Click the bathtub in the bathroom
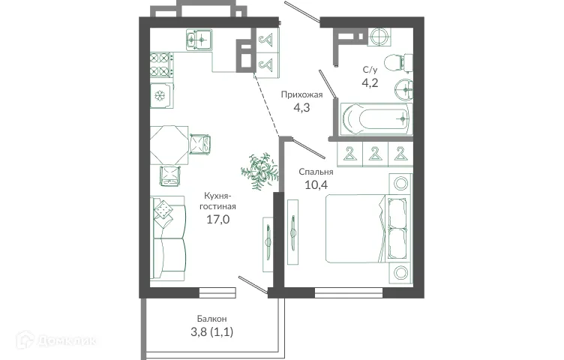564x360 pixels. [375, 118]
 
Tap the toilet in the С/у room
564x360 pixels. [394, 61]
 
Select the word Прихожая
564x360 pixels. [301, 94]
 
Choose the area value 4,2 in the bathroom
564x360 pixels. [370, 82]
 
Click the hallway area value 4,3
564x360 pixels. [301, 107]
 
